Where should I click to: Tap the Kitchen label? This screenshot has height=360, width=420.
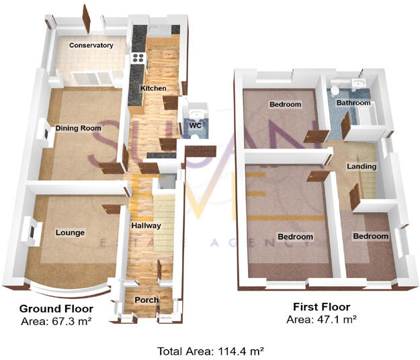pyautogui.click(x=153, y=89)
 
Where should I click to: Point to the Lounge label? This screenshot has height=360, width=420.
pyautogui.click(x=70, y=233)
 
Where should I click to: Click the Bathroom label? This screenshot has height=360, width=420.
pyautogui.click(x=353, y=103)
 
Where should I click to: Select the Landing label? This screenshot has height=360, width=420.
pyautogui.click(x=362, y=166)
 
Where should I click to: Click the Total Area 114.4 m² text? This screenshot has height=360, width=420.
pyautogui.click(x=210, y=351)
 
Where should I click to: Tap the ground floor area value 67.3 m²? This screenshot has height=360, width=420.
pyautogui.click(x=70, y=322)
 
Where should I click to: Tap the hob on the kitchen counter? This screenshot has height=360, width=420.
pyautogui.click(x=139, y=58)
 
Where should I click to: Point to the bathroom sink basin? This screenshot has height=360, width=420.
pyautogui.click(x=357, y=83)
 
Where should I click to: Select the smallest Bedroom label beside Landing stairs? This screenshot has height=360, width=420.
pyautogui.click(x=371, y=236)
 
